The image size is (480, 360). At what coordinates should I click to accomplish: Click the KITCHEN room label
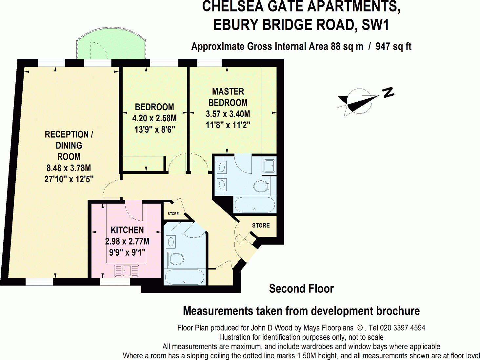[127, 230]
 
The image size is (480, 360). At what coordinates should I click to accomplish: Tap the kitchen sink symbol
[127, 271]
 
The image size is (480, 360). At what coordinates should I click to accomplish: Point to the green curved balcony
[111, 44]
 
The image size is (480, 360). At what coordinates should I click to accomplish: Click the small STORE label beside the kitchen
[173, 214]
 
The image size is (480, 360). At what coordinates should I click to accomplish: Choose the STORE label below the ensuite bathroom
[261, 226]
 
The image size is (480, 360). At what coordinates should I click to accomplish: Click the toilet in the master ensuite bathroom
[261, 186]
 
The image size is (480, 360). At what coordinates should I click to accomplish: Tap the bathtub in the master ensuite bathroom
[254, 205]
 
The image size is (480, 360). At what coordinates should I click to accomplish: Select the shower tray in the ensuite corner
[270, 167]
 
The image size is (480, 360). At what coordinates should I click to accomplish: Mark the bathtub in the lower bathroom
[184, 277]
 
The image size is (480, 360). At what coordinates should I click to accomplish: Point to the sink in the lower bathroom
[170, 242]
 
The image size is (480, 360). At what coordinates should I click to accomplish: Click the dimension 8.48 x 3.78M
[69, 168]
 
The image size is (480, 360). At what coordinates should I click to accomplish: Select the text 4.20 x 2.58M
[154, 118]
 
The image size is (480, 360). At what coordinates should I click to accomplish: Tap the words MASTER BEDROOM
[228, 97]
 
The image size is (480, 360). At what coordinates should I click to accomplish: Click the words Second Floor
[301, 289]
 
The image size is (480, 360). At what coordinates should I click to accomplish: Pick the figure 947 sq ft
[393, 47]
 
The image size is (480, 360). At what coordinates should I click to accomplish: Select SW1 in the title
[375, 25]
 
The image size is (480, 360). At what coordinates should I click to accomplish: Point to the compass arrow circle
[359, 101]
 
